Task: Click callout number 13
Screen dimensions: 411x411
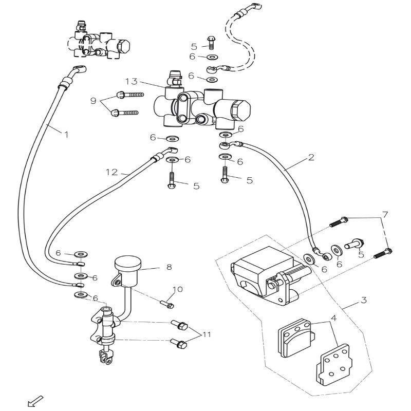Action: click(x=131, y=81)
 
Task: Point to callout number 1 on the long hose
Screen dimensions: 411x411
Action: click(x=66, y=134)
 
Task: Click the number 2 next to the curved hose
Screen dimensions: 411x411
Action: click(x=311, y=158)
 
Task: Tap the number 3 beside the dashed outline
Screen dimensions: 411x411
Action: click(x=363, y=300)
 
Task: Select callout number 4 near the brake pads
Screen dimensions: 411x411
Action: click(x=334, y=318)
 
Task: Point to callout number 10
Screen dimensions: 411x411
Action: click(x=177, y=289)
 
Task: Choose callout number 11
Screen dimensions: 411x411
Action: click(x=207, y=334)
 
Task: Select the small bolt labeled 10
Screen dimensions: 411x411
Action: click(x=167, y=304)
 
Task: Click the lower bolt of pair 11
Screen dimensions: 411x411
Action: click(x=179, y=343)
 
